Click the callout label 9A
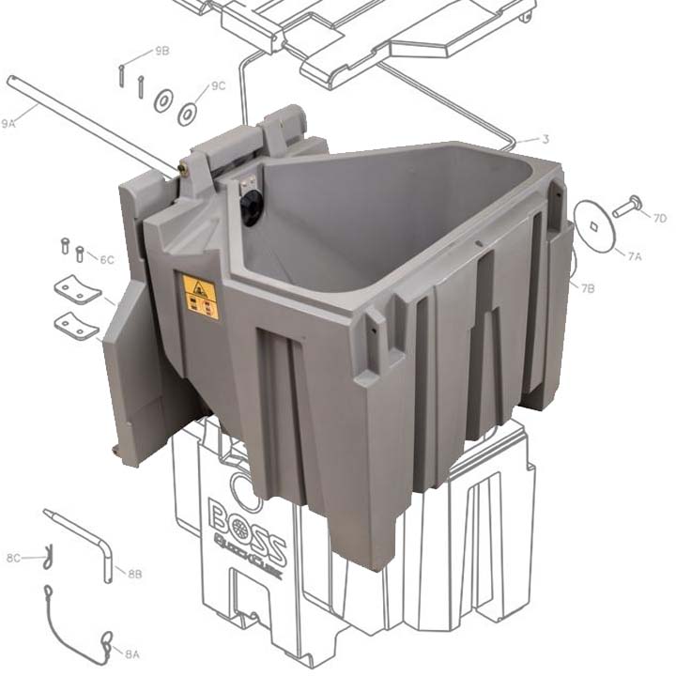pyautogui.click(x=9, y=123)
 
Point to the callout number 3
pyautogui.click(x=545, y=140)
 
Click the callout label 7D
pyautogui.click(x=660, y=219)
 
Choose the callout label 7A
pyautogui.click(x=635, y=254)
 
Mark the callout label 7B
pyautogui.click(x=588, y=288)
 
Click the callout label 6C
pyautogui.click(x=106, y=259)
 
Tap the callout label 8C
pyautogui.click(x=13, y=558)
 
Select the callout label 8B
pyautogui.click(x=134, y=573)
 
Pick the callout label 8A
pyautogui.click(x=131, y=653)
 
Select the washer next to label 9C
pyautogui.click(x=188, y=114)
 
